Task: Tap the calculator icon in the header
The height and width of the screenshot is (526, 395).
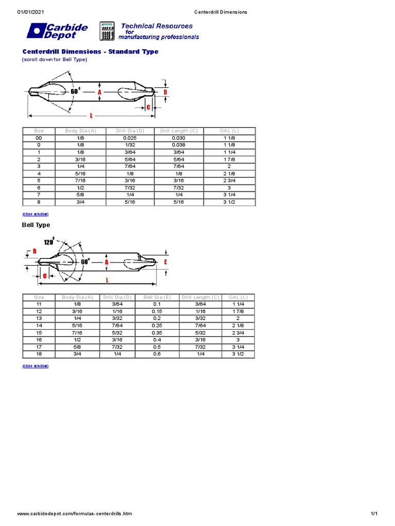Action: pos(106,31)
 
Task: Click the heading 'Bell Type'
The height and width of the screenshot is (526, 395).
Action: pos(36,225)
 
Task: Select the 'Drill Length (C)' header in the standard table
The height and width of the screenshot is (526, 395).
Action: pos(178,131)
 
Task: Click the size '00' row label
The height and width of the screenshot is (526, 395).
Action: pos(39,138)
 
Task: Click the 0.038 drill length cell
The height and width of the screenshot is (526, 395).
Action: pos(178,145)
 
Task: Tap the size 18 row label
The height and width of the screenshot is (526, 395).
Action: pos(39,354)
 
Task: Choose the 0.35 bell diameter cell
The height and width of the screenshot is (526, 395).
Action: pos(156,333)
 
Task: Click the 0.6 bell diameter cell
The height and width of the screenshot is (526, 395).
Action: pos(156,354)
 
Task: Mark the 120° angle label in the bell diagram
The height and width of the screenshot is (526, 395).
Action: pos(49,242)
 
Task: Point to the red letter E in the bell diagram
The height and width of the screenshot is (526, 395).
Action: pos(166,262)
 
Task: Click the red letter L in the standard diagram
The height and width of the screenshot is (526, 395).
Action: pos(91,116)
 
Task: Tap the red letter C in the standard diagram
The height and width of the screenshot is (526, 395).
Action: pos(148,107)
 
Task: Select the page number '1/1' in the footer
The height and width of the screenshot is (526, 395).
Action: pos(374,514)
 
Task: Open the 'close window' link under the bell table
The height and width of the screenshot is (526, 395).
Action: pos(35,366)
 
